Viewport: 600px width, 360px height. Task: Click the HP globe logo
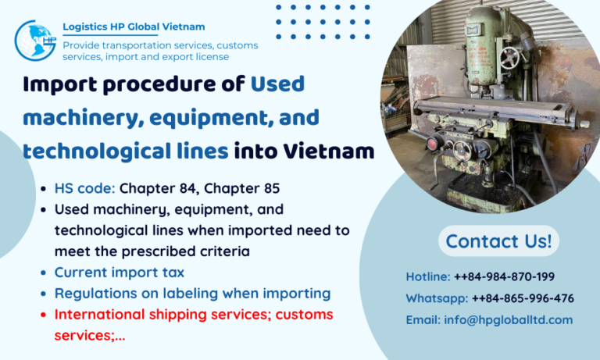tap(35, 41)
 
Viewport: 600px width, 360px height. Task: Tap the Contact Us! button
tap(498, 241)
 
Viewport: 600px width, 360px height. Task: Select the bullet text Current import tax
tap(120, 273)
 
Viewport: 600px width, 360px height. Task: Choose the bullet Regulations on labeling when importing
tap(192, 294)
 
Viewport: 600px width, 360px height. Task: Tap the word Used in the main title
tap(277, 84)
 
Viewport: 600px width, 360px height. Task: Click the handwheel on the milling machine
tap(509, 56)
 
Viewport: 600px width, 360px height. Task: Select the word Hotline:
tap(428, 276)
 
